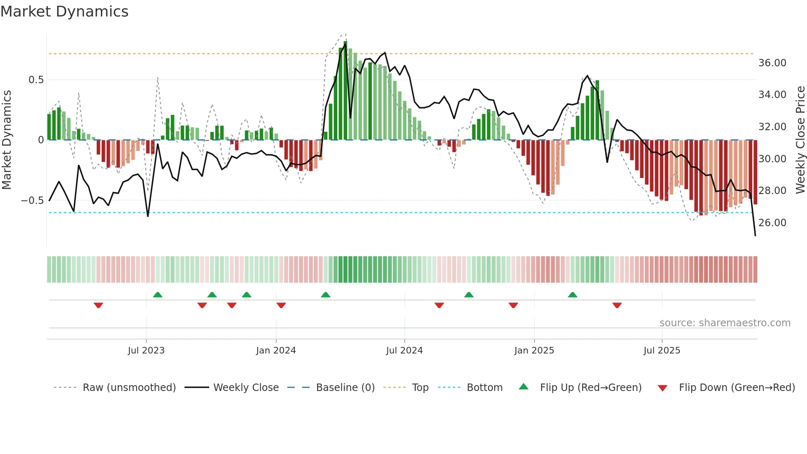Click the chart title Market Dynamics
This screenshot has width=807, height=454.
click(64, 12)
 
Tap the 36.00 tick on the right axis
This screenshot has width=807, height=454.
click(772, 63)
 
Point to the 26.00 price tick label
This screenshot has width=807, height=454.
click(772, 223)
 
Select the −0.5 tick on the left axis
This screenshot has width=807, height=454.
click(32, 201)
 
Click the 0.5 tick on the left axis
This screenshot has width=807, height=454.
click(36, 80)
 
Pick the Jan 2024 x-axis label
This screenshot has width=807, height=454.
click(276, 351)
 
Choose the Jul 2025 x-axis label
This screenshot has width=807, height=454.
click(662, 351)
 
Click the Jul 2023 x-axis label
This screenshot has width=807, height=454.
click(146, 351)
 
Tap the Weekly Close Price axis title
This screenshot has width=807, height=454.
click(800, 140)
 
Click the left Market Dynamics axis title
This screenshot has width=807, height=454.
click(7, 140)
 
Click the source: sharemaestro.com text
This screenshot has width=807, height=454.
click(725, 323)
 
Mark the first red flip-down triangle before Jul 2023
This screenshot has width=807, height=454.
click(98, 305)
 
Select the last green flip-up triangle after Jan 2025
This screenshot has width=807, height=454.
click(572, 295)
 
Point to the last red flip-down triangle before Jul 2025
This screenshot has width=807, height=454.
click(617, 305)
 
